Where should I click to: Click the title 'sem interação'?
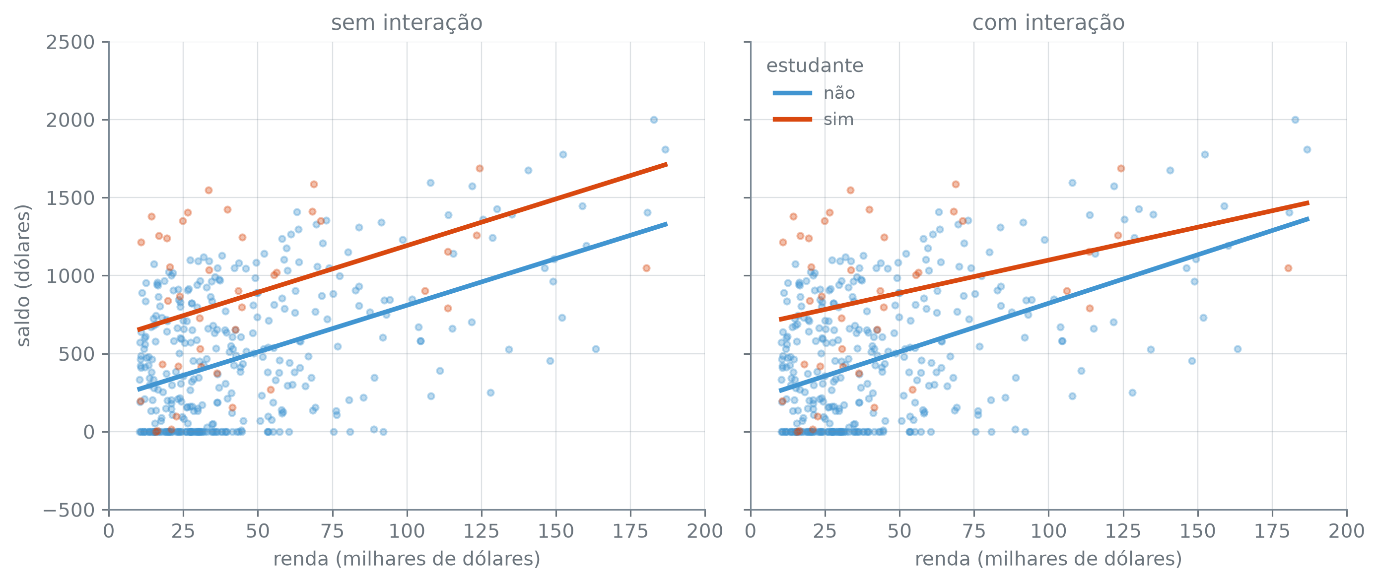(407, 23)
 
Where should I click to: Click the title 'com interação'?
(1048, 23)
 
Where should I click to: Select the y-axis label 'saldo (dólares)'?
(23, 275)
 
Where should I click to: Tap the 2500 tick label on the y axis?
(70, 42)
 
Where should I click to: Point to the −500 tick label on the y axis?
(69, 510)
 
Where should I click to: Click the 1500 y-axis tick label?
(70, 198)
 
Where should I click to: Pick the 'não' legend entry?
(839, 93)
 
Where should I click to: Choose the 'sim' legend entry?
(838, 120)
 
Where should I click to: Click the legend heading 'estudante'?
(815, 66)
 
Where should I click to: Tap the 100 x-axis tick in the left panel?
(407, 531)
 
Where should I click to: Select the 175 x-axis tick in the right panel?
(1272, 531)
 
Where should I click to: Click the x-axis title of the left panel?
(407, 559)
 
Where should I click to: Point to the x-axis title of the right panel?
(1048, 559)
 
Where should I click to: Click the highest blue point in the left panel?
(654, 120)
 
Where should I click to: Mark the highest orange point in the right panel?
(1120, 169)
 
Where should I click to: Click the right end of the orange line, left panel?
(667, 164)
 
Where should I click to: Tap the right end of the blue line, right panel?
(1308, 218)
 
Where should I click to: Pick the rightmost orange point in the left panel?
(646, 268)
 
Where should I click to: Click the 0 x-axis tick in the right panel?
(751, 531)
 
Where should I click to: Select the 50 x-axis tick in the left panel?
(258, 531)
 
